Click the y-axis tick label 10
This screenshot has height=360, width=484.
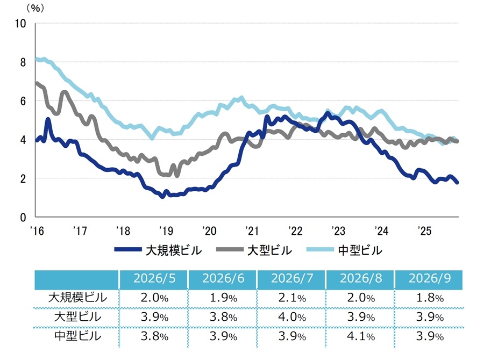pyautogui.click(x=20, y=24)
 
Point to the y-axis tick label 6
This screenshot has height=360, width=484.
pyautogui.click(x=23, y=101)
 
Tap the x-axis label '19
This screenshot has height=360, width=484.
pyautogui.click(x=166, y=231)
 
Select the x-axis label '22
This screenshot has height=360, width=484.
pyautogui.click(x=295, y=231)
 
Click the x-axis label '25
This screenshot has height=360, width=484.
pyautogui.click(x=424, y=231)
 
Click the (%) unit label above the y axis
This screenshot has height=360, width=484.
pyautogui.click(x=35, y=9)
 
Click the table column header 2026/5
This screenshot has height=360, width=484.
pyautogui.click(x=154, y=278)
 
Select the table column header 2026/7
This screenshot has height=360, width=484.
pyautogui.click(x=292, y=278)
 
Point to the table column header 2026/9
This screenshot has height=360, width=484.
pyautogui.click(x=430, y=278)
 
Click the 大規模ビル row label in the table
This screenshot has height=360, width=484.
pyautogui.click(x=77, y=298)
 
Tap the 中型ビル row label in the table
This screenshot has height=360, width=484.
pyautogui.click(x=77, y=336)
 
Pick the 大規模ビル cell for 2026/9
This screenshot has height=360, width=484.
pyautogui.click(x=430, y=298)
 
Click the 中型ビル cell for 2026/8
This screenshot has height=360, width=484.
pyautogui.click(x=361, y=336)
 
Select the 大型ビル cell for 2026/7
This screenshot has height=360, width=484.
pyautogui.click(x=292, y=317)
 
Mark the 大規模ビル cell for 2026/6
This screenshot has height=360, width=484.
pyautogui.click(x=223, y=298)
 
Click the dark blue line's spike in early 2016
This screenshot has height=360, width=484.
pyautogui.click(x=48, y=119)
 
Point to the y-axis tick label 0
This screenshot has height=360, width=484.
pyautogui.click(x=23, y=218)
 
